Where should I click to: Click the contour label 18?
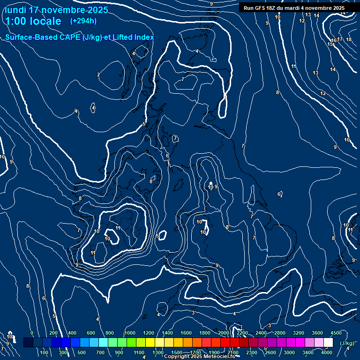tap(349, 39)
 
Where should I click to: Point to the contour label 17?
tap(340, 39)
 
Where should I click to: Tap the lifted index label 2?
tap(98, 75)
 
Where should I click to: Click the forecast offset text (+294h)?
tap(83, 21)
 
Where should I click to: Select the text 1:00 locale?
tap(33, 21)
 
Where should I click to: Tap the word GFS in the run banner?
tap(263, 8)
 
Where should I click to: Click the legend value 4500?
tap(336, 333)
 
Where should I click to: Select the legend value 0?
tap(32, 333)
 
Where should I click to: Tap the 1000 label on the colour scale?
tap(130, 333)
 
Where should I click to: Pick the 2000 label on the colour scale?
tap(224, 333)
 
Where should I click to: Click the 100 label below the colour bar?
tap(45, 352)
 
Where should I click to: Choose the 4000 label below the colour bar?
tap(327, 352)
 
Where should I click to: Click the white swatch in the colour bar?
tap(328, 343)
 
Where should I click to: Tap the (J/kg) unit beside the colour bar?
tap(346, 343)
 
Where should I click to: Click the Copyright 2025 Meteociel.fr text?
tap(199, 357)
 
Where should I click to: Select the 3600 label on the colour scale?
tap(317, 333)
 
